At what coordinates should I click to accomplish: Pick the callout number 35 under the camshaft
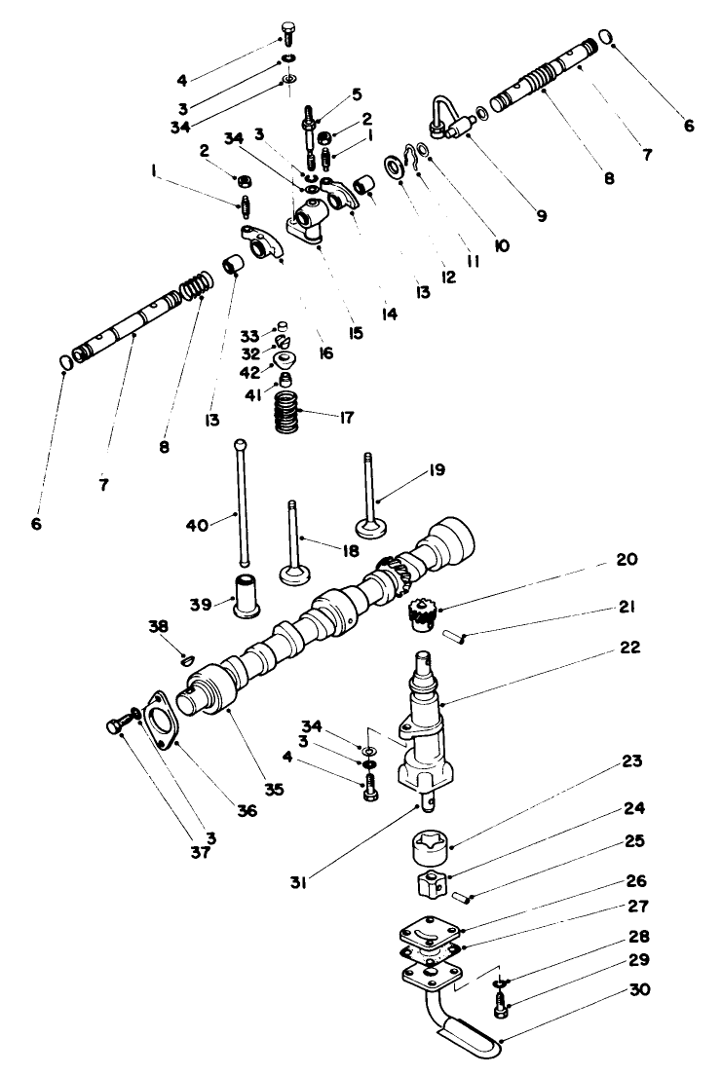point(274,790)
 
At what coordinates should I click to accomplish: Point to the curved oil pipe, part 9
point(441,114)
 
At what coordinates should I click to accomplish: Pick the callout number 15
point(356,333)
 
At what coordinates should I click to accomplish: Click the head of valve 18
point(295,573)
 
